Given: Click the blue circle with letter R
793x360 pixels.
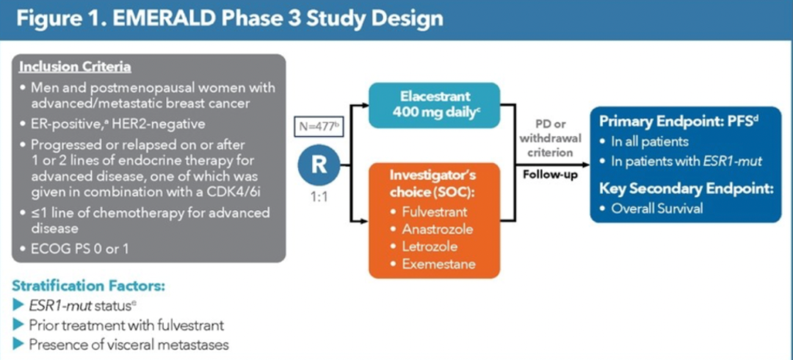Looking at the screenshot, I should (x=318, y=164).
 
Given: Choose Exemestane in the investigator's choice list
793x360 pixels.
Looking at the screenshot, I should (x=438, y=263).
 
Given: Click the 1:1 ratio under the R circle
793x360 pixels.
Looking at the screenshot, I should (x=319, y=198).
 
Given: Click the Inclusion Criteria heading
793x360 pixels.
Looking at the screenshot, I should (x=75, y=68).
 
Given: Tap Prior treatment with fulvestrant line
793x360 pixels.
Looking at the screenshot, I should (x=126, y=324).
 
